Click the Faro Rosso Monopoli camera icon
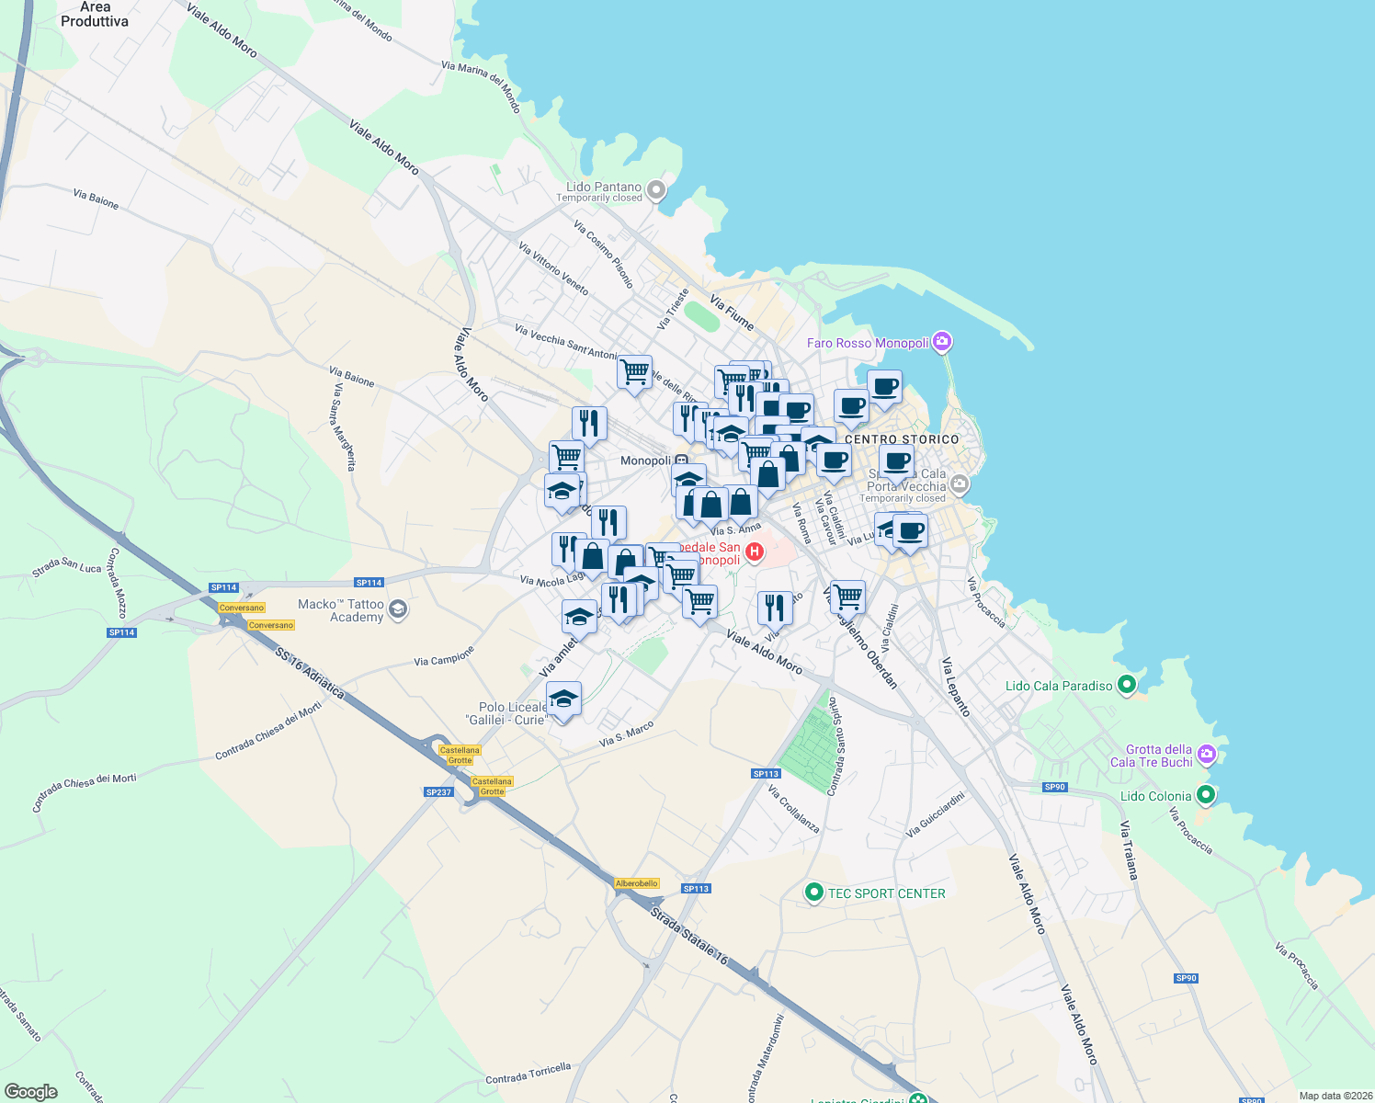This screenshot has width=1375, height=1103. [x=941, y=343]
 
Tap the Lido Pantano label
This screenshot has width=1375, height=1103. [x=604, y=187]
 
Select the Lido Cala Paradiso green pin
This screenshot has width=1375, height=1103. [x=1127, y=685]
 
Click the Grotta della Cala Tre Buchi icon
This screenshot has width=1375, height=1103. [x=1207, y=756]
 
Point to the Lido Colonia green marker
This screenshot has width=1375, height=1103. [x=1206, y=795]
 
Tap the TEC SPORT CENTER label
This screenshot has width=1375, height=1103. [x=886, y=893]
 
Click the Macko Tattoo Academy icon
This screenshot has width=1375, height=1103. [x=398, y=609]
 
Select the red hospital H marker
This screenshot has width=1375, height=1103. [x=754, y=551]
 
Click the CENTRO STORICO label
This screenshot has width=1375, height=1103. [x=901, y=439]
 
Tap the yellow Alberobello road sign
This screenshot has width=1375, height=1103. [x=637, y=883]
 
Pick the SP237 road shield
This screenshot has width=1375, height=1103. [x=438, y=792]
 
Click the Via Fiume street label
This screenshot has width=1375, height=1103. [x=732, y=313]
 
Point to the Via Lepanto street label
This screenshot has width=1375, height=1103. [x=955, y=687]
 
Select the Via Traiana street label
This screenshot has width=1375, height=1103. [x=1129, y=850]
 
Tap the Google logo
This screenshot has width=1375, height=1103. [x=31, y=1091]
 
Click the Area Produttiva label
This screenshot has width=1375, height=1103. [x=95, y=14]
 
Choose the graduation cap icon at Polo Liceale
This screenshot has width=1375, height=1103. [x=563, y=699]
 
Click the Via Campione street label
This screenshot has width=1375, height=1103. [x=444, y=655]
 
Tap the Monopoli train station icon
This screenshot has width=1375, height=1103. [x=681, y=461]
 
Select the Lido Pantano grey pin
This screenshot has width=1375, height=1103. [x=655, y=190]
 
